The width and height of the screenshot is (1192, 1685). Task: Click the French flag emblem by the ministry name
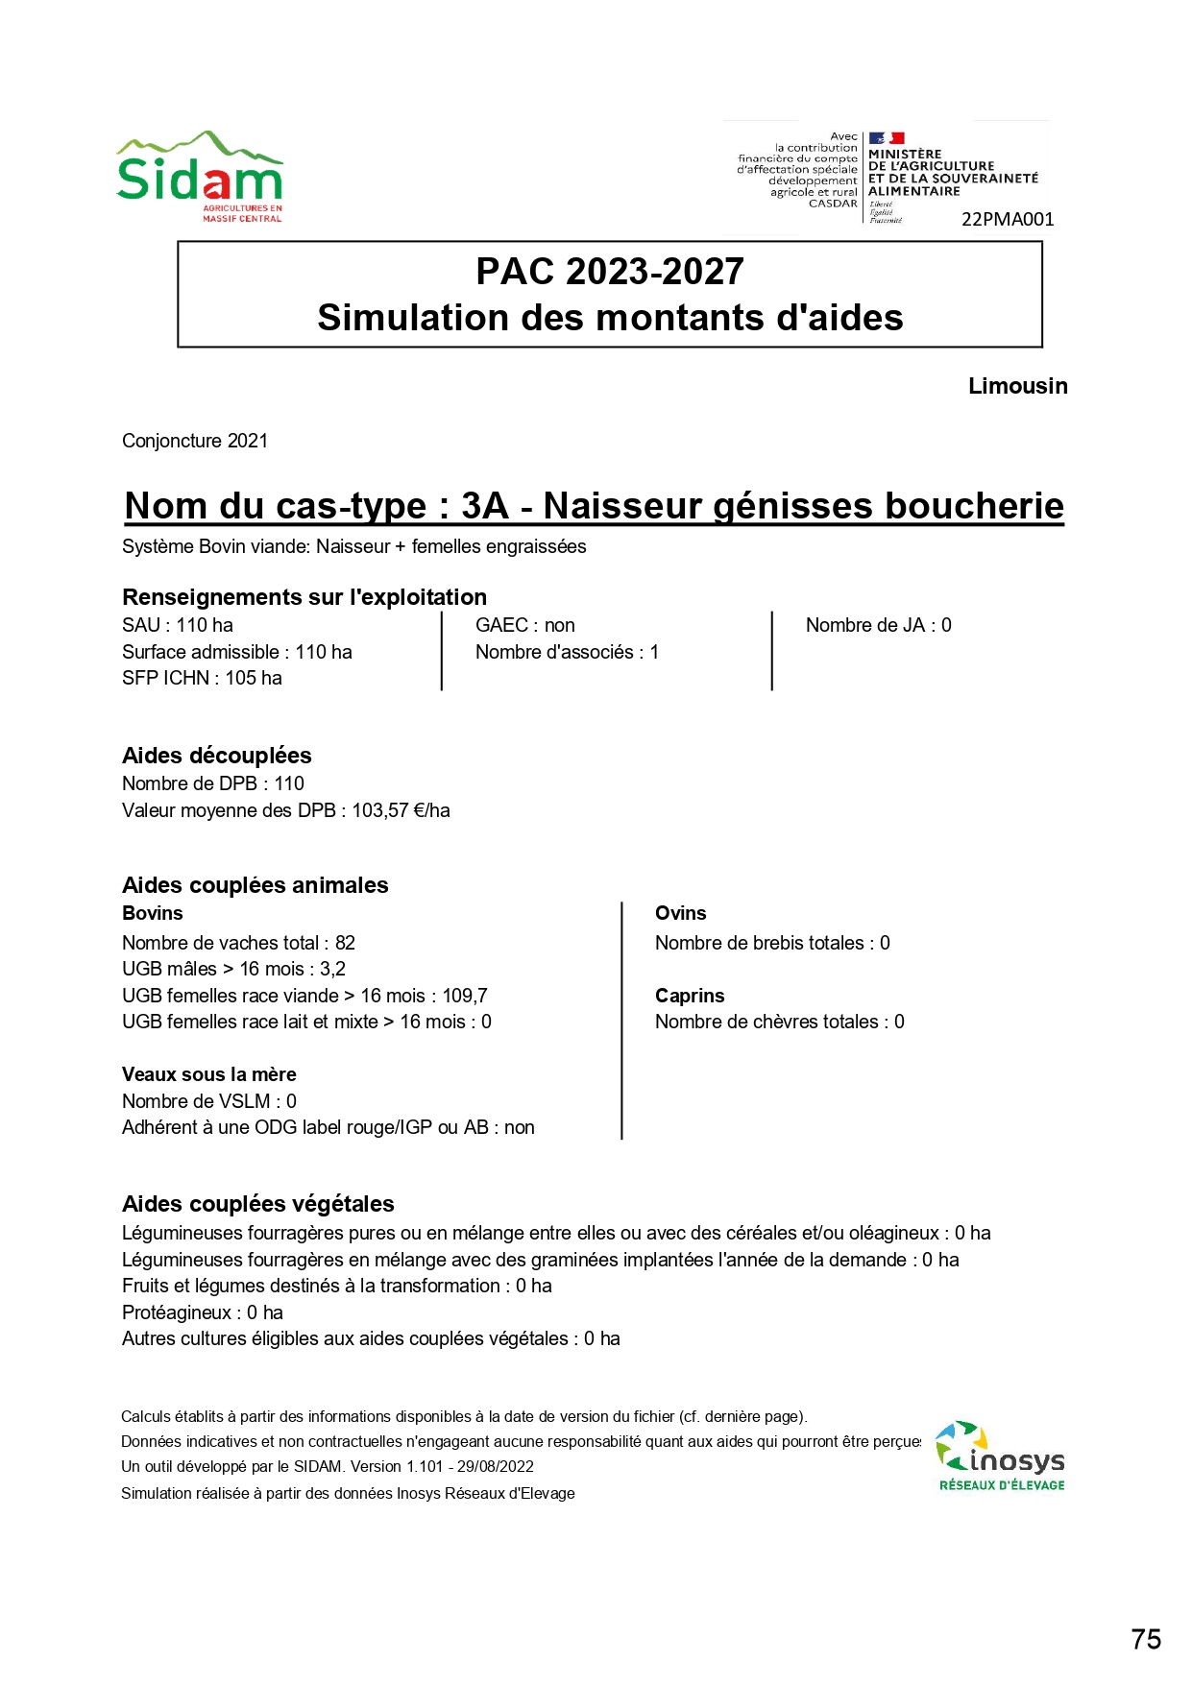[887, 138]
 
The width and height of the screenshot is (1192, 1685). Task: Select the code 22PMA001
[1008, 219]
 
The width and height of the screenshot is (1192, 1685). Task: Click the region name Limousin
[1017, 386]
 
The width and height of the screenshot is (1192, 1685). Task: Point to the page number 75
[1146, 1639]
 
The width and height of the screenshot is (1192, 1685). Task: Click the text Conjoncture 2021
[195, 441]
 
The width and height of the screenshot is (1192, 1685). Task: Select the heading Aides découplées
[217, 756]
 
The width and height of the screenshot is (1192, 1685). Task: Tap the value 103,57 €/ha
[401, 810]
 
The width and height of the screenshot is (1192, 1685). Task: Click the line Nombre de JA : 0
[878, 625]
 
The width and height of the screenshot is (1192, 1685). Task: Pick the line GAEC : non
[525, 625]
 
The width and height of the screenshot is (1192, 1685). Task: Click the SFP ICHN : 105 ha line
[202, 678]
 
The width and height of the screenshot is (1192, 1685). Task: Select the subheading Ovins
[680, 913]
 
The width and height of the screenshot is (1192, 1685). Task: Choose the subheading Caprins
[690, 996]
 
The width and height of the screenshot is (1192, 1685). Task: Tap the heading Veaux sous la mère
[209, 1074]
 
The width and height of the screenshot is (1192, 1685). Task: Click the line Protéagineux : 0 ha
[203, 1312]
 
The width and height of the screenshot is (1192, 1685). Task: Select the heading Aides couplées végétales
[258, 1204]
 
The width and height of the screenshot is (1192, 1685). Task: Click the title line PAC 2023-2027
[610, 272]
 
